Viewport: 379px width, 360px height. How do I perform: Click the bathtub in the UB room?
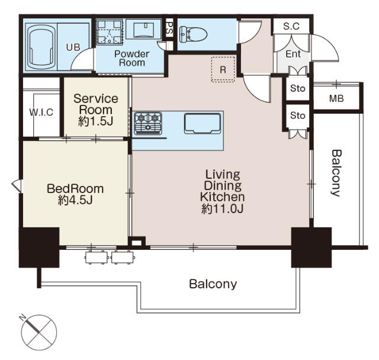point(45,45)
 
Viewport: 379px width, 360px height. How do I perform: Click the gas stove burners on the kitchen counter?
point(148,123)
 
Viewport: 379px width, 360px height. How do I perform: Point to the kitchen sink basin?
point(203,123)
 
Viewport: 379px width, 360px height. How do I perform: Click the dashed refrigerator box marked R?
point(223,69)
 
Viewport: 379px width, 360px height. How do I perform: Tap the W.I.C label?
point(41,113)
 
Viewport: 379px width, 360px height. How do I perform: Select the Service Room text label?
point(95,104)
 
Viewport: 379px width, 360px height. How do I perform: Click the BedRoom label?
point(75,189)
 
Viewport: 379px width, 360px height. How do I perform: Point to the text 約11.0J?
point(223,208)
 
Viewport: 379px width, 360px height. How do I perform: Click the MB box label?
point(336,98)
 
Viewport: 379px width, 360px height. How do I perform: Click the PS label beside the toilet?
point(169,27)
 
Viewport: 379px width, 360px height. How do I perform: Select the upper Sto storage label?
point(297,89)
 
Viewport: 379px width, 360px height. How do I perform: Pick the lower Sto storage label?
point(297,115)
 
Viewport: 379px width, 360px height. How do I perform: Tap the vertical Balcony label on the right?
point(336,172)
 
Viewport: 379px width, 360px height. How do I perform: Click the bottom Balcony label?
point(213,284)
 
